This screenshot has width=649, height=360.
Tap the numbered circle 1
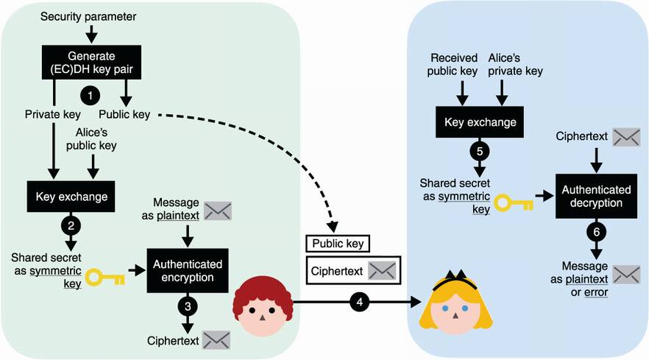(90, 96)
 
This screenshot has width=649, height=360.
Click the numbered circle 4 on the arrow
(359, 301)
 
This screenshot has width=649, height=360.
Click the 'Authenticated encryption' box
(188, 270)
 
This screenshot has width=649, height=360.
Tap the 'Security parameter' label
(88, 16)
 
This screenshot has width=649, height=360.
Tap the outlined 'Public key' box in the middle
(338, 243)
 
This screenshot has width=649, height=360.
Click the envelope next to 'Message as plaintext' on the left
(218, 211)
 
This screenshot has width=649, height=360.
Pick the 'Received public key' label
(455, 64)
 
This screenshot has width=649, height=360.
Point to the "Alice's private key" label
(515, 64)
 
